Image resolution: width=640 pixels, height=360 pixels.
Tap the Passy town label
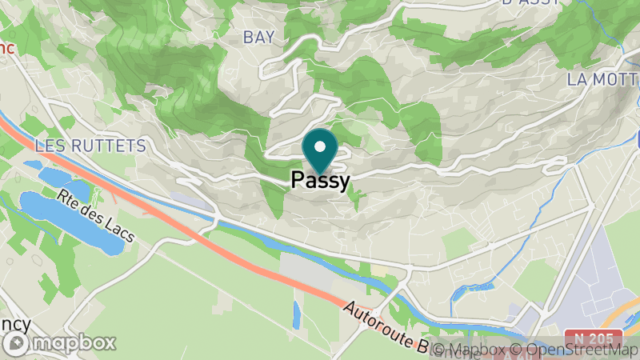coord(320,181)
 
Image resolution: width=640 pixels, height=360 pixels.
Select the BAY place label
coord(258,37)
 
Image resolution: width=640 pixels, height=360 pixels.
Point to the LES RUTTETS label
coord(90,146)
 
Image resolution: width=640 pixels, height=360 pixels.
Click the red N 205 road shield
coord(597,338)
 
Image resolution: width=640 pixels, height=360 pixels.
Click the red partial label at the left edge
coord(6,48)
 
